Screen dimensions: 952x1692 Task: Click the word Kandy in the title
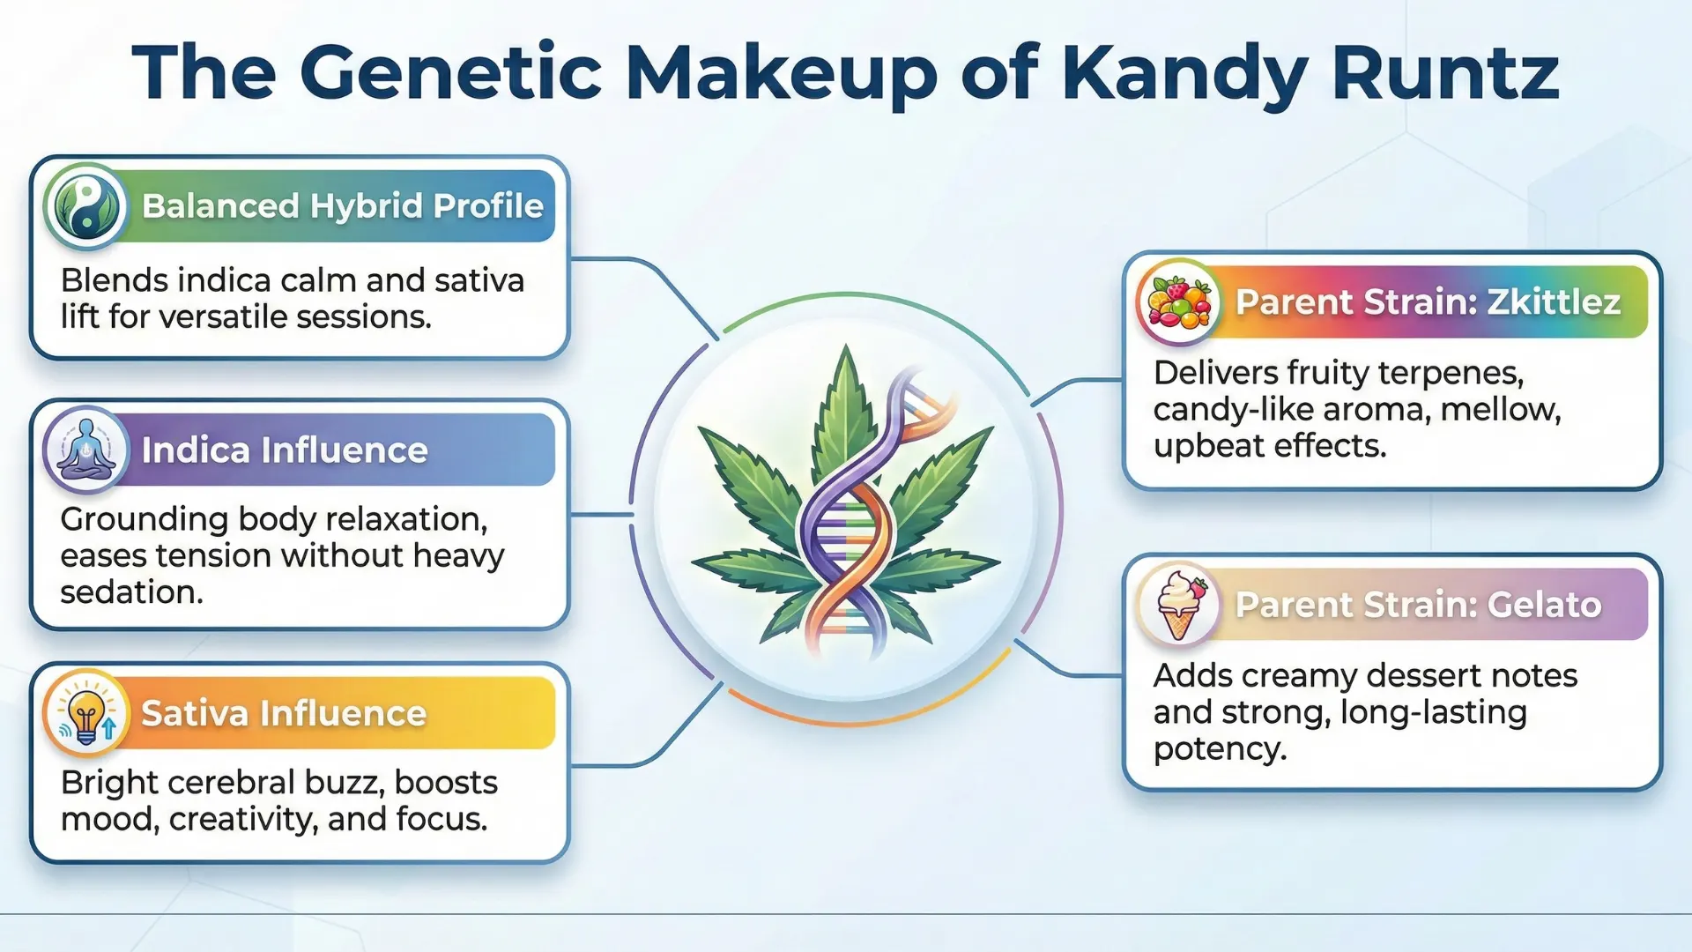(x=1184, y=74)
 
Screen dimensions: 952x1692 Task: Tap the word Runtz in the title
(x=1445, y=72)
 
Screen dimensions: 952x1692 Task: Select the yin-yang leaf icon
(x=85, y=205)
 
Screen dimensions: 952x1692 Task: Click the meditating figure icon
(x=85, y=450)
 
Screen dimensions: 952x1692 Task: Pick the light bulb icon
(x=86, y=713)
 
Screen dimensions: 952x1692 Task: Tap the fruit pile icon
(x=1179, y=301)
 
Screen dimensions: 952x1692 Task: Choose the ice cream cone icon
(x=1179, y=605)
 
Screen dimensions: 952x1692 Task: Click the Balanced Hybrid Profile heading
(x=342, y=205)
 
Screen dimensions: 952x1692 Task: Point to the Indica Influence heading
(x=285, y=450)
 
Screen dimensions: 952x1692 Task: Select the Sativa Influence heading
(x=284, y=713)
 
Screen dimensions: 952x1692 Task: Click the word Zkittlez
(x=1554, y=301)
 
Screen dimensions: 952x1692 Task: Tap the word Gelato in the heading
(x=1544, y=605)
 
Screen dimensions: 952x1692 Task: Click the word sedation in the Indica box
(x=131, y=592)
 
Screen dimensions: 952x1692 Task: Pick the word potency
(x=1220, y=749)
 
